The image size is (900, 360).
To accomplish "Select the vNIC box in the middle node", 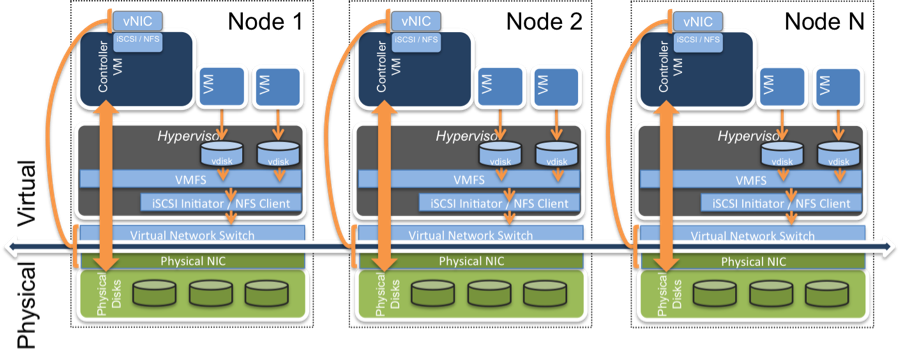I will pos(411,20).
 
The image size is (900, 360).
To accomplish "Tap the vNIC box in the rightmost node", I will pos(691,20).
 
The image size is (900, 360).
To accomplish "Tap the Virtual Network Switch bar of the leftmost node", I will pos(192,236).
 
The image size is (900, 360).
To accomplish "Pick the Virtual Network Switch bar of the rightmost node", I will pos(752,236).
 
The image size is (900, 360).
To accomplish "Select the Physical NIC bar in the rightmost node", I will pos(751,260).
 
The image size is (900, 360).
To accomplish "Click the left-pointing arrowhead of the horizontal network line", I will pos(10,244).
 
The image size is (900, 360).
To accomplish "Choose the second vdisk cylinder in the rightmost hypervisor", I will pos(838,155).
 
